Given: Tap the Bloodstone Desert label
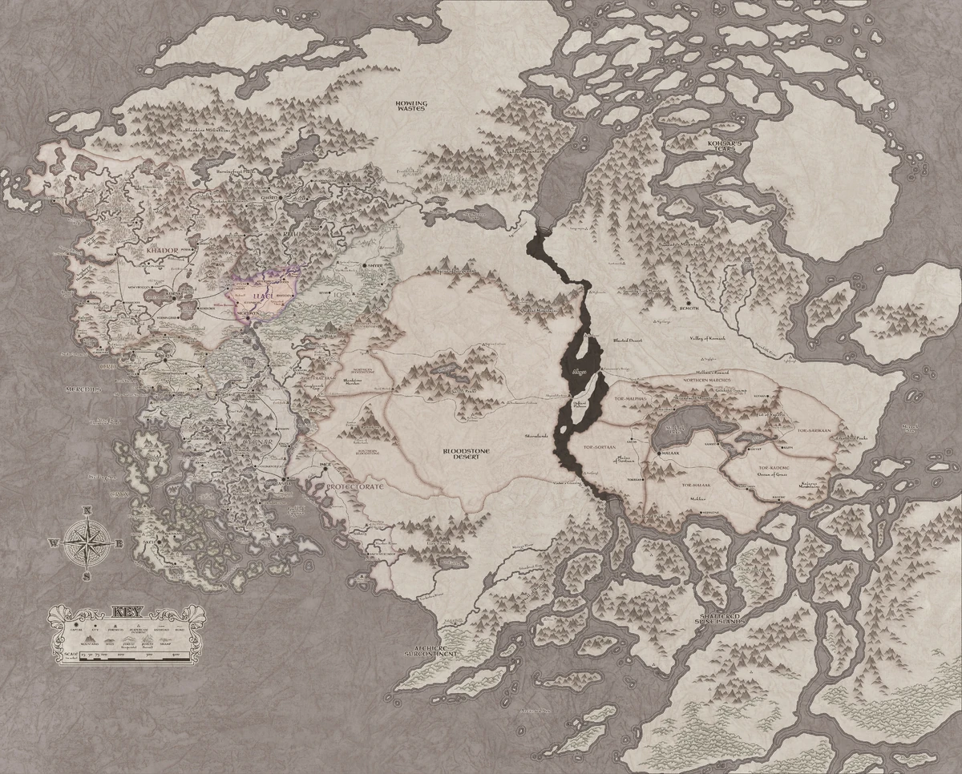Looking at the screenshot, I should click(467, 454).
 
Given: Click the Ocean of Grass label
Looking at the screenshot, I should click(774, 474).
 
